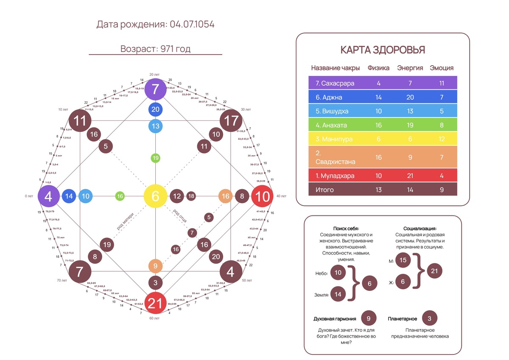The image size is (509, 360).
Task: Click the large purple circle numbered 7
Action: pos(156,89)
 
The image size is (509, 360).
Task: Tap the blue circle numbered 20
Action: pos(156,109)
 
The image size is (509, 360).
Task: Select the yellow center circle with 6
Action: pos(156,196)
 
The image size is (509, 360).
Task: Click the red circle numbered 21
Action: pos(156,303)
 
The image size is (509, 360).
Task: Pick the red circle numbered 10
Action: pos(263,196)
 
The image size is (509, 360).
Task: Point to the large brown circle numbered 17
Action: pos(231,121)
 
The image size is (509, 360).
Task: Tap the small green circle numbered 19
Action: pos(156,158)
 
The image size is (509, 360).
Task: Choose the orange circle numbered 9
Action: pos(156,266)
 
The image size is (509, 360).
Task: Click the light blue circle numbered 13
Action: pos(156,126)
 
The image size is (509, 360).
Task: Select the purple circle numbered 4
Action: pos(49,196)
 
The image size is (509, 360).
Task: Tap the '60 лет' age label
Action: pos(154,318)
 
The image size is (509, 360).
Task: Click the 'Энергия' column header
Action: pos(410,68)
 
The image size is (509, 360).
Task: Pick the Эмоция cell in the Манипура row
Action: pos(442,139)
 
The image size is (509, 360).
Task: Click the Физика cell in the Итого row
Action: pos(378,190)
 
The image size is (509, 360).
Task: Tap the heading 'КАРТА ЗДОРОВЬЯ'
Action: pos(383,50)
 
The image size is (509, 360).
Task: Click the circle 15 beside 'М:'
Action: pos(403,260)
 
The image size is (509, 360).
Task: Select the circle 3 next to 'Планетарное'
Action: pos(430,318)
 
